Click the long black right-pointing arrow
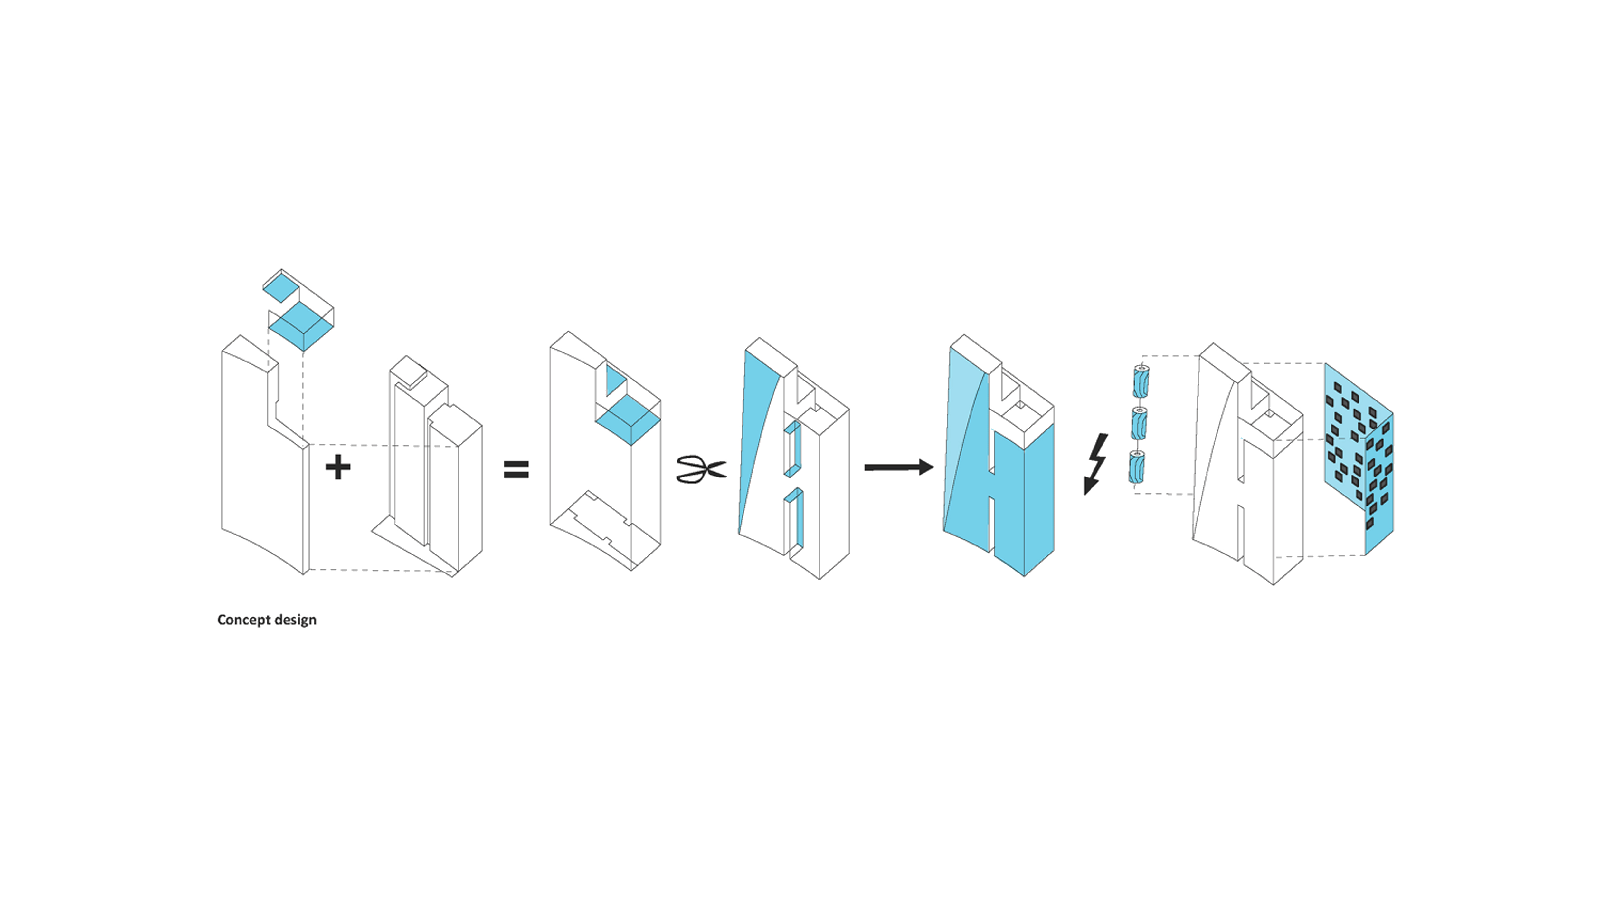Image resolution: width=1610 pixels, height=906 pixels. point(899,467)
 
